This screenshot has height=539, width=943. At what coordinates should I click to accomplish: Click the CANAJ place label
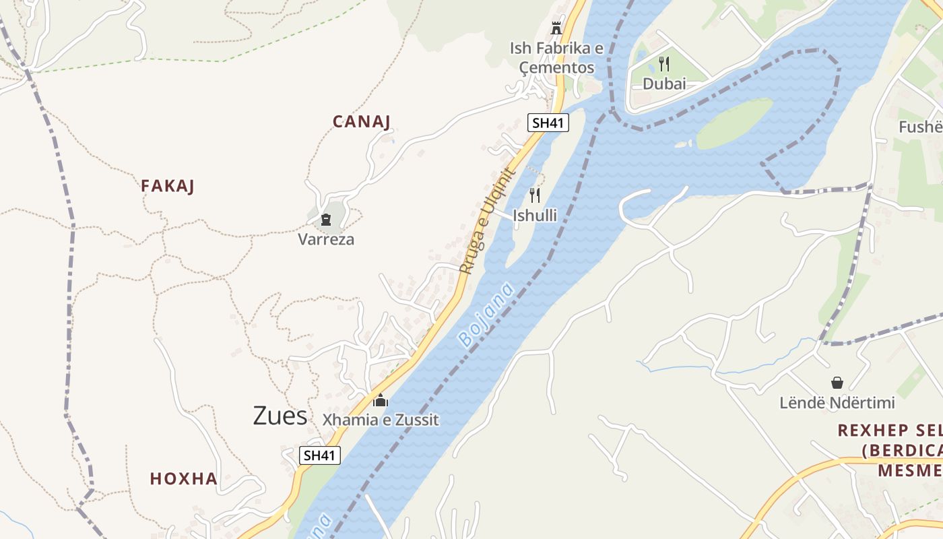pos(362,122)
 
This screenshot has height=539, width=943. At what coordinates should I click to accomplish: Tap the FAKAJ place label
pos(168,187)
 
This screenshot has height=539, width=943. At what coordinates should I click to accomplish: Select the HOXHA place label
pos(184,479)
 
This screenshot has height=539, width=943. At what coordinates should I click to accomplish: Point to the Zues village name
pos(280,416)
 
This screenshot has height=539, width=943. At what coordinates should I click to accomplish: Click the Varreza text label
pos(326,239)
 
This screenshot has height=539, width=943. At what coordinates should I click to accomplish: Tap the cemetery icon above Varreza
pos(326,220)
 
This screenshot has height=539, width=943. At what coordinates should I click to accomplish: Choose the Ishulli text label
pos(535,216)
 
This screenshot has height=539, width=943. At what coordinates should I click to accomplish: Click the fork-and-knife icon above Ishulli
pos(535,195)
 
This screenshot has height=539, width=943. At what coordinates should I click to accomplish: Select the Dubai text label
pos(664,84)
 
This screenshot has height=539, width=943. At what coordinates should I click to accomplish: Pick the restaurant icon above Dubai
pos(664,64)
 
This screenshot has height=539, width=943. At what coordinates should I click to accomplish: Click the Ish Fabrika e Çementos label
pos(556,58)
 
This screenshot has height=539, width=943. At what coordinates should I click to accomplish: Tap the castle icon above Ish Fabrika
pos(556,28)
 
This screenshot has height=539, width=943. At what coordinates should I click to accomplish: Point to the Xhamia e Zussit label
pos(381,420)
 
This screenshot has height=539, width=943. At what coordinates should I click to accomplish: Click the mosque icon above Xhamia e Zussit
pos(381,400)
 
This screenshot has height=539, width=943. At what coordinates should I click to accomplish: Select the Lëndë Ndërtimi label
pos(837,403)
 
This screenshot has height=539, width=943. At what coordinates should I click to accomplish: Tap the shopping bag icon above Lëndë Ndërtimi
pos(837,383)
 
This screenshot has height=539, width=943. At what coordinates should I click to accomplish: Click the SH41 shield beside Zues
pos(320,455)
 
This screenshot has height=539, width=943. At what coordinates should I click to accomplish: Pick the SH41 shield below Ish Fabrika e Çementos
pos(548,123)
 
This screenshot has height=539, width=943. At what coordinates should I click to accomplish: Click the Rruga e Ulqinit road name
pos(488,220)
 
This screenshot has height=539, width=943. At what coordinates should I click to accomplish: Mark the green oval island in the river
pos(734,124)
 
